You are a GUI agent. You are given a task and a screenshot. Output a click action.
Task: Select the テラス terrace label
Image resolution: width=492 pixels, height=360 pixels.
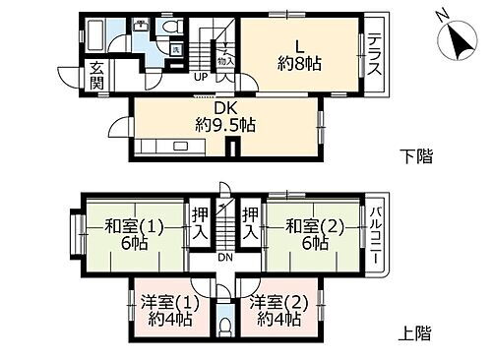[376, 56]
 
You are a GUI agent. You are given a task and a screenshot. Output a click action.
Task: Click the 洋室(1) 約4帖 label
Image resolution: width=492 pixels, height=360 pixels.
[163, 310]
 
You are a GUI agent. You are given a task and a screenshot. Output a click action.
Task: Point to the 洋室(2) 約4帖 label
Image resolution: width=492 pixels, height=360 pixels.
[277, 310]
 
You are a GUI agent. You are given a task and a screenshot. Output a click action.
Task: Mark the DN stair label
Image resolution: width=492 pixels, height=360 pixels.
[224, 258]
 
